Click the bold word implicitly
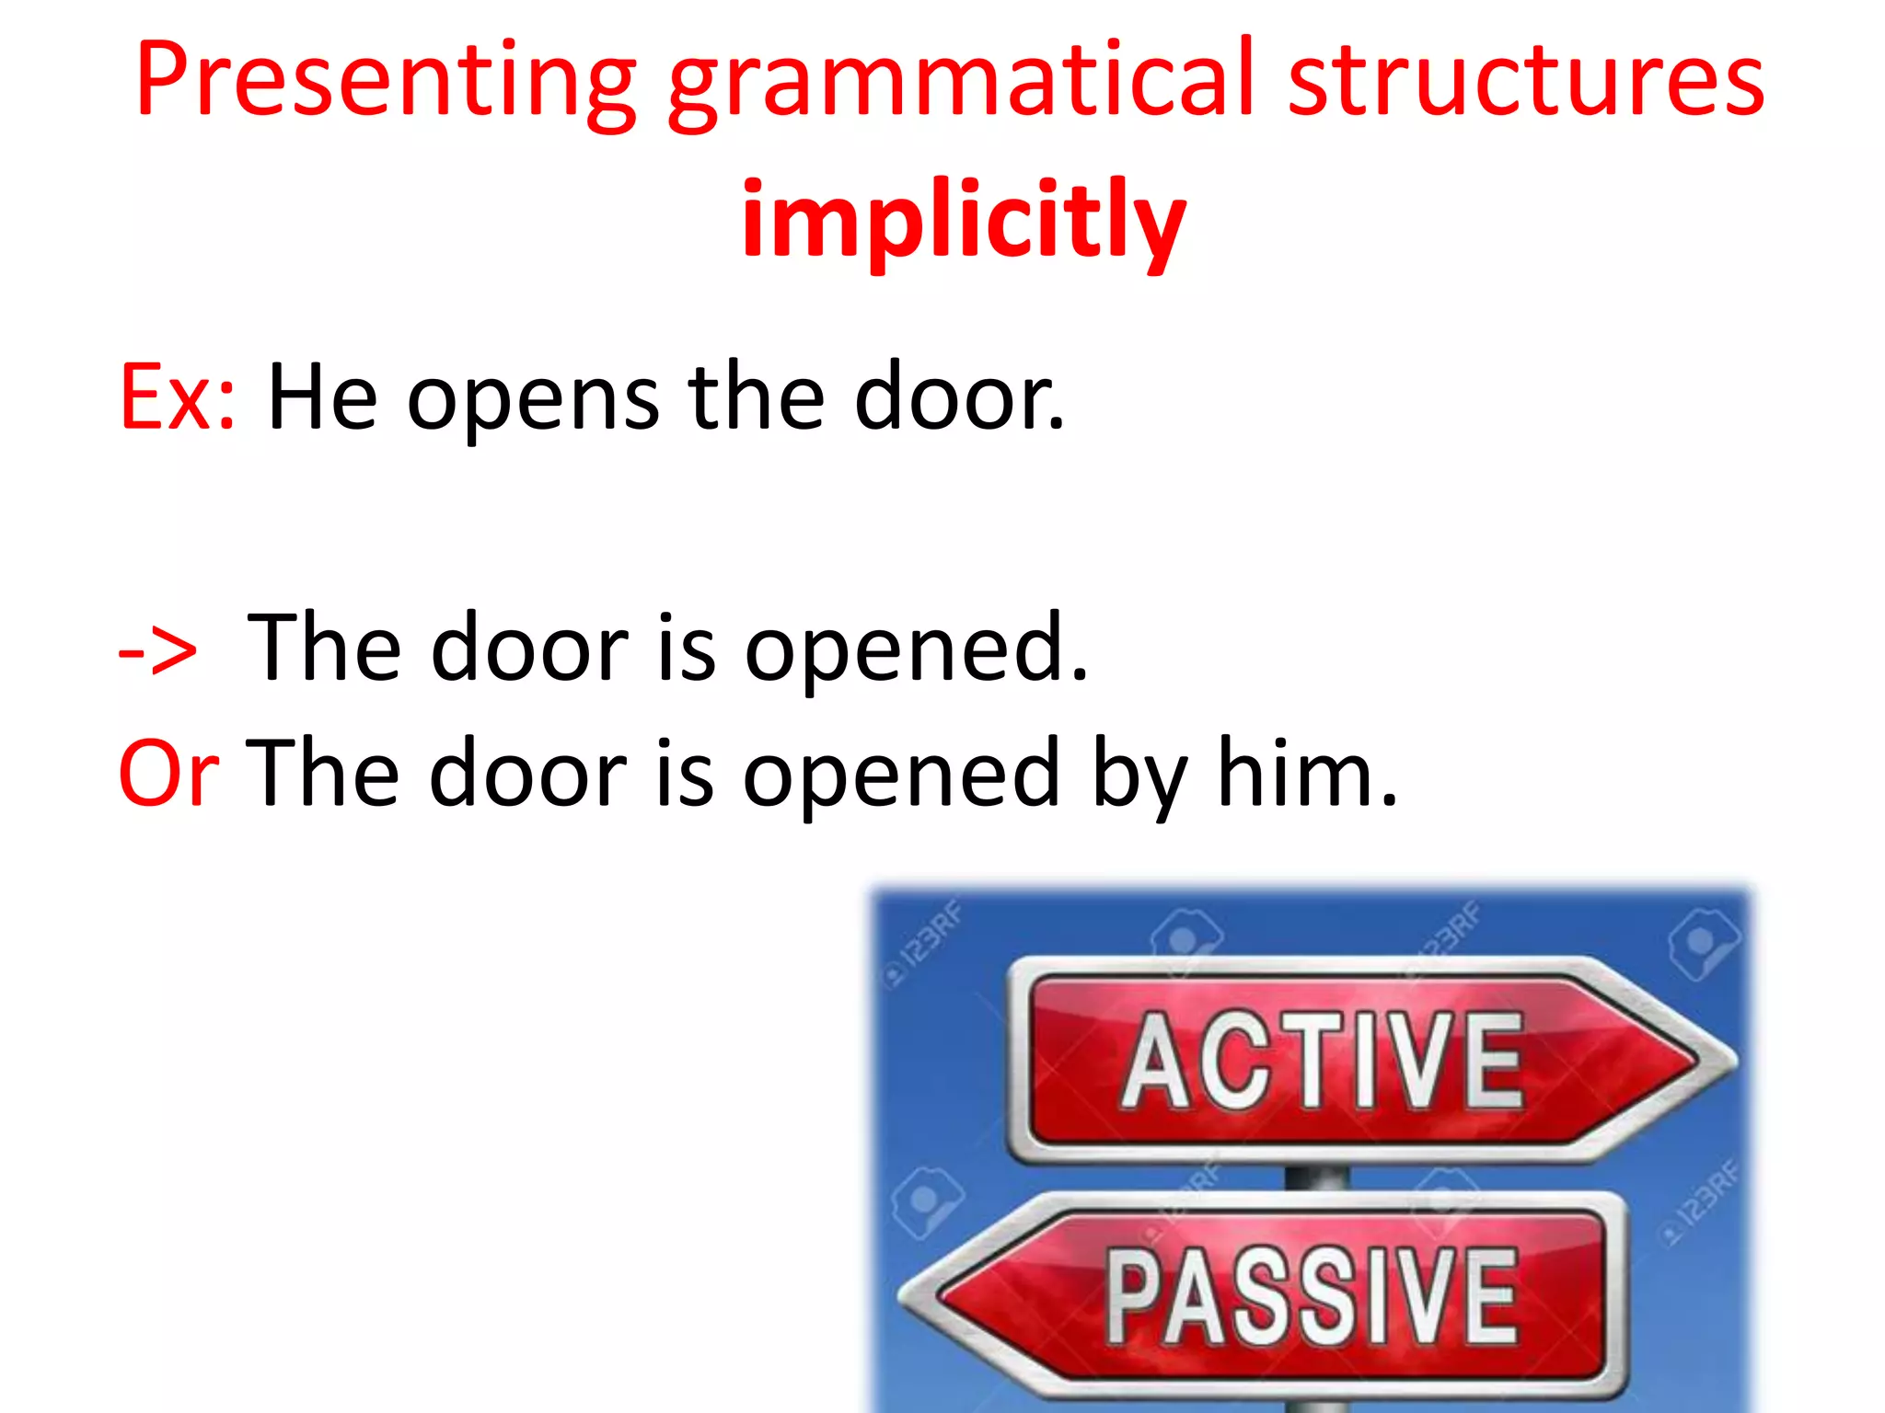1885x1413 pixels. tap(964, 221)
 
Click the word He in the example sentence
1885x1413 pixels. tap(322, 397)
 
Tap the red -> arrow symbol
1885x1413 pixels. tap(158, 651)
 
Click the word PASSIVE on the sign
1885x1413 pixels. tap(1312, 1297)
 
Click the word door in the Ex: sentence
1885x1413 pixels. tap(957, 397)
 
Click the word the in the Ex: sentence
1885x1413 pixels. tap(756, 397)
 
